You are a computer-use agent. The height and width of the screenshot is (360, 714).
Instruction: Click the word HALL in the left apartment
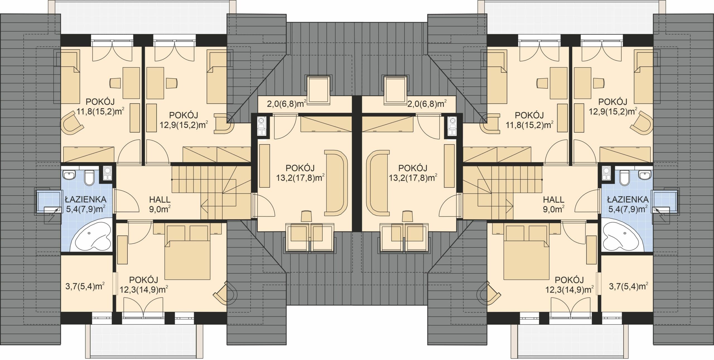pos(160,200)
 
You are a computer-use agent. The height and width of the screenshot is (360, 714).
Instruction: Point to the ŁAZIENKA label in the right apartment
pos(628,200)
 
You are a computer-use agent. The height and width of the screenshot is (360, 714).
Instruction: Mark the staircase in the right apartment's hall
pos(502,192)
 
